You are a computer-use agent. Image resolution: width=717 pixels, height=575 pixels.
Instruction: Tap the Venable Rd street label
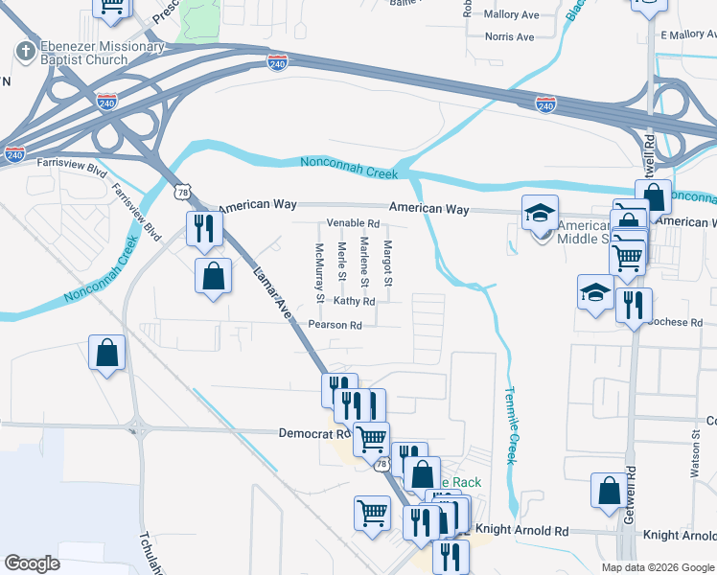coord(354,223)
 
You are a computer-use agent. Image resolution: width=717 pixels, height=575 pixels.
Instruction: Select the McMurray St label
coord(320,273)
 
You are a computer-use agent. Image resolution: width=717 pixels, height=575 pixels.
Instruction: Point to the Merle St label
coord(342,263)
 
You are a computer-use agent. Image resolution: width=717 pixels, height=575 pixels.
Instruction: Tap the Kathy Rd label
coord(354,301)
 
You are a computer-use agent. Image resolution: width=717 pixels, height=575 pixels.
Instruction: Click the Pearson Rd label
coord(335,325)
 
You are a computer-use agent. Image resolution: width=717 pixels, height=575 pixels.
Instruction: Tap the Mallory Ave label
coord(512,14)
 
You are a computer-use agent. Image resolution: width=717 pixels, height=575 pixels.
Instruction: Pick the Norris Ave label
coord(509,36)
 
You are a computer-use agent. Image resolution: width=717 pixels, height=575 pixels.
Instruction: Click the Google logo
coord(33,563)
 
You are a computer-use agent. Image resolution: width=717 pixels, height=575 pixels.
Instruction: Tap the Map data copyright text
coord(658,567)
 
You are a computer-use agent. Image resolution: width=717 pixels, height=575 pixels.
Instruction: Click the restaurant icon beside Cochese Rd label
coord(633,306)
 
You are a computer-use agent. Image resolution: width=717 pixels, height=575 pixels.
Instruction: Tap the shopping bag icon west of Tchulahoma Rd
coord(106,352)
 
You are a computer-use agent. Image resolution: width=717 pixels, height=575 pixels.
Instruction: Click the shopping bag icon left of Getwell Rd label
coord(610,491)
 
